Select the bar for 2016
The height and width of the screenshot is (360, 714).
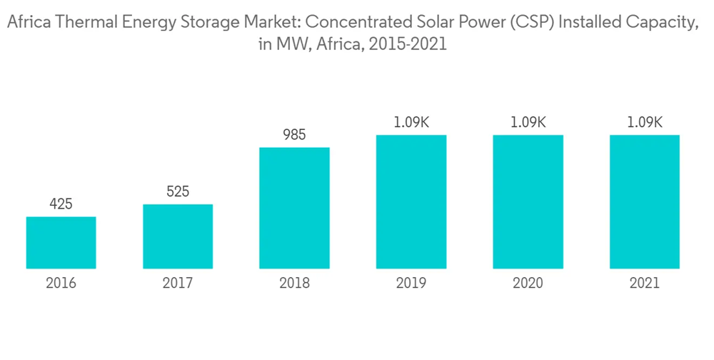coord(61,243)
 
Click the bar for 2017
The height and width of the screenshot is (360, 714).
coord(178,236)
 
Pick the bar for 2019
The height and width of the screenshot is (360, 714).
coord(411,202)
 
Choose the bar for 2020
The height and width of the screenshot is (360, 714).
coord(528,202)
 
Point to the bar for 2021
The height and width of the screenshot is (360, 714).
coord(645,202)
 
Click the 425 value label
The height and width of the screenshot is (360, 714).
coord(61,205)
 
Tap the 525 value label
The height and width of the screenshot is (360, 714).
coord(178,192)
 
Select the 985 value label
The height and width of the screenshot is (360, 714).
coord(294,136)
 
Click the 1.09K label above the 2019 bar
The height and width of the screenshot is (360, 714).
coord(411,123)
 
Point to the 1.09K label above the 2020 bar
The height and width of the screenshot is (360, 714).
coord(528,123)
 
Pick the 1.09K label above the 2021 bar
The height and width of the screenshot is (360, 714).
coord(645,123)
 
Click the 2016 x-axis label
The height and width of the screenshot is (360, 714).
coord(61,284)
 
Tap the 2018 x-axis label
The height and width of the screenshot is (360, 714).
coord(294,284)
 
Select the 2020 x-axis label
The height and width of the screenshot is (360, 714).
coord(528,284)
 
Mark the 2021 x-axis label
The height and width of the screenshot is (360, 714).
coord(645,284)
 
